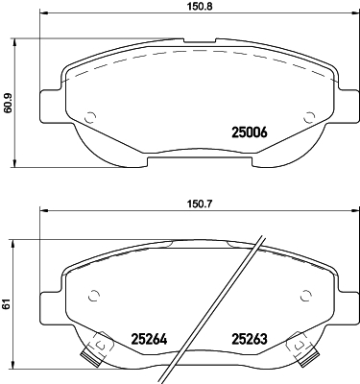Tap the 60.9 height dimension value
tap(7, 103)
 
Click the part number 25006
tap(250, 132)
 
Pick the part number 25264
tap(149, 339)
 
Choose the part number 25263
tap(250, 339)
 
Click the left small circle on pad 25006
tap(90, 117)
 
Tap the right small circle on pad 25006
tap(309, 117)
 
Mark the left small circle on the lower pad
tap(93, 296)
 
